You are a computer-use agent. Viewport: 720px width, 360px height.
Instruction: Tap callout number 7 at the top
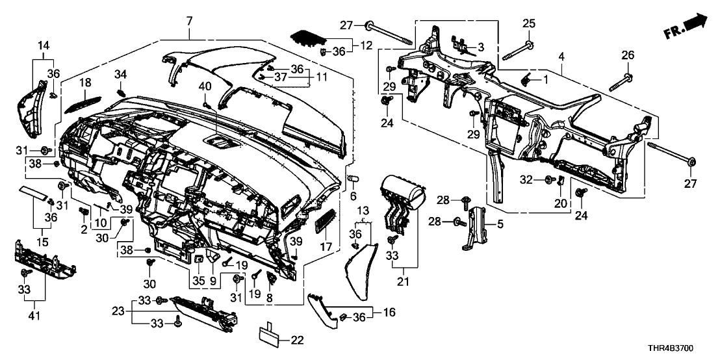[x=189, y=22]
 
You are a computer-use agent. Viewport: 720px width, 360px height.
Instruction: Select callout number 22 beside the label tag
[x=298, y=340]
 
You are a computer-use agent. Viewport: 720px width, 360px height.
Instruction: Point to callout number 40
[x=205, y=86]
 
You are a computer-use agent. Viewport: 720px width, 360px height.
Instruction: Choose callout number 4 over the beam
[x=561, y=58]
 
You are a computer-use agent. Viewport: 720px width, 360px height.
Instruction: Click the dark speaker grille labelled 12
[x=308, y=36]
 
